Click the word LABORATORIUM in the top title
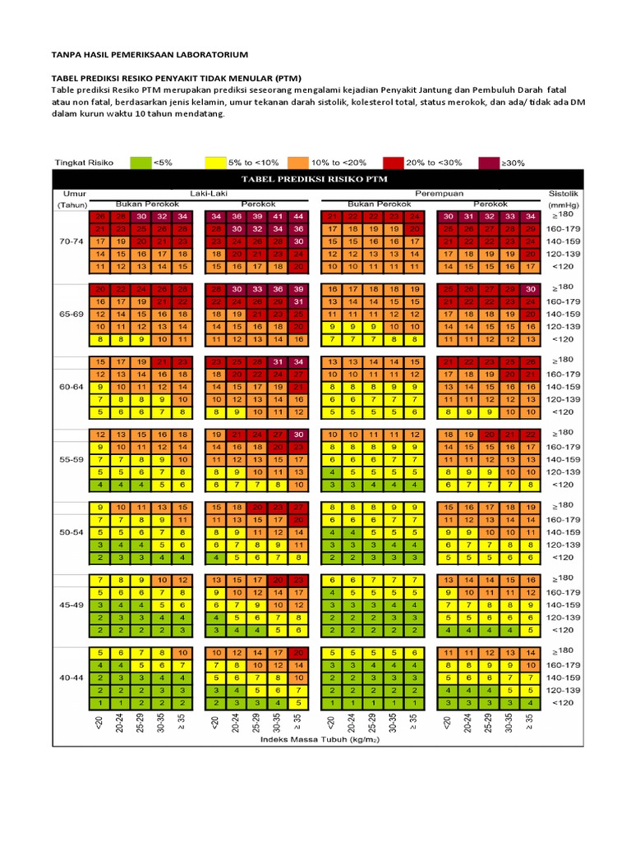click(205, 54)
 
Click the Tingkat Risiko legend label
click(83, 163)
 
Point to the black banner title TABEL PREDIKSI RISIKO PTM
click(318, 179)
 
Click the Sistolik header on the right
click(564, 194)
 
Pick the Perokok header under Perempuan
click(491, 204)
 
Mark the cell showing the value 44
click(298, 216)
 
